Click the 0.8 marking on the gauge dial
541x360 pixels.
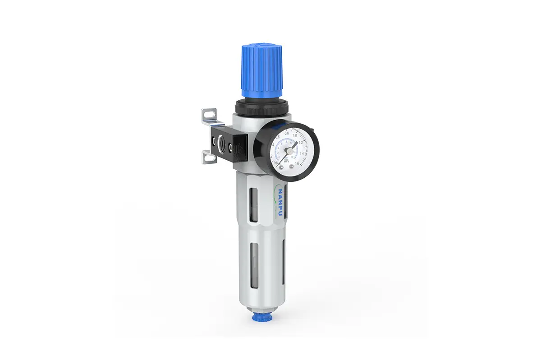tap(287, 133)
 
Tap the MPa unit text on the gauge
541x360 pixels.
tap(286, 160)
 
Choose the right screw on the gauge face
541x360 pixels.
tap(292, 167)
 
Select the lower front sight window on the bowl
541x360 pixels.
tap(251, 261)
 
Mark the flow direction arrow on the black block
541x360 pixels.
tap(241, 147)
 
